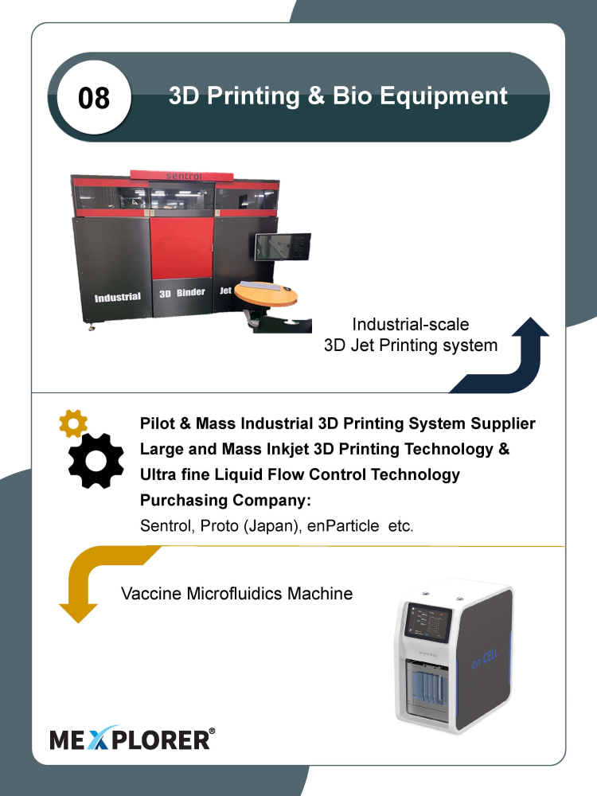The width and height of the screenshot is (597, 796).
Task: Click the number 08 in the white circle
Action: pyautogui.click(x=94, y=97)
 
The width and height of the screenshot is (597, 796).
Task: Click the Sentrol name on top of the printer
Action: pyautogui.click(x=184, y=176)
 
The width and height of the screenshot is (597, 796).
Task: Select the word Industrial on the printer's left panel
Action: pyautogui.click(x=117, y=297)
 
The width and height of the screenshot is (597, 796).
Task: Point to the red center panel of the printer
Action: pyautogui.click(x=181, y=248)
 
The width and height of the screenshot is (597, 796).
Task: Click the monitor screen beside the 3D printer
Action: pyautogui.click(x=283, y=248)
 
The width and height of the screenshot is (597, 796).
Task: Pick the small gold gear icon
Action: pyautogui.click(x=73, y=423)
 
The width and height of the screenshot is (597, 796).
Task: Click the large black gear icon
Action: pyautogui.click(x=96, y=461)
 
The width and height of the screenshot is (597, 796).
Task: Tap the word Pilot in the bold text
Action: pyautogui.click(x=158, y=423)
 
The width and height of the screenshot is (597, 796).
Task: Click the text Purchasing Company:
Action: pyautogui.click(x=225, y=501)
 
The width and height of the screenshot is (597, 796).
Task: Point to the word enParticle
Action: pyautogui.click(x=342, y=526)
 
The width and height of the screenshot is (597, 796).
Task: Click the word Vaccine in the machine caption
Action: pyautogui.click(x=151, y=594)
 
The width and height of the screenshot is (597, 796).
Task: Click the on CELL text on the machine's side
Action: pyautogui.click(x=485, y=658)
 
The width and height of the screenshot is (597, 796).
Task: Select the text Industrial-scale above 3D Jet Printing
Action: pyautogui.click(x=411, y=325)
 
